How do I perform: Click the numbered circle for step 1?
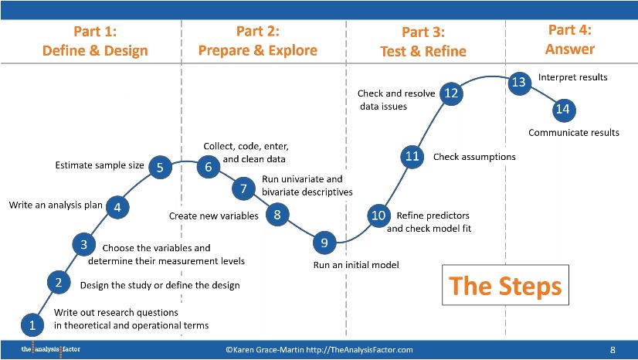(x=32, y=324)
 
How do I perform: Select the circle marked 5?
(x=160, y=167)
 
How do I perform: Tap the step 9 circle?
(x=324, y=243)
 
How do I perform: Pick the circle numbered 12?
(x=451, y=93)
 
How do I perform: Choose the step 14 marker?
(x=562, y=109)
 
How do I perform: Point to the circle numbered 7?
(x=243, y=188)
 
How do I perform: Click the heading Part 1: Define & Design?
(x=95, y=41)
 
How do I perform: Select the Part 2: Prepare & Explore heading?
(x=258, y=41)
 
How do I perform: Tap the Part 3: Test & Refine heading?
(x=423, y=42)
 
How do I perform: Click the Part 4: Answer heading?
(x=570, y=39)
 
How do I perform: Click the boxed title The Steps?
(x=505, y=286)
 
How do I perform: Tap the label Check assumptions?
(x=474, y=157)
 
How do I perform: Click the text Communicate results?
(x=574, y=133)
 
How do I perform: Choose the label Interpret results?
(x=572, y=77)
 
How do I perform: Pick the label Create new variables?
(x=214, y=216)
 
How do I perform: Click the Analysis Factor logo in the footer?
(x=50, y=350)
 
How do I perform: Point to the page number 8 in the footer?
(x=613, y=350)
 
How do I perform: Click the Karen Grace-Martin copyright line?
(x=319, y=350)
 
